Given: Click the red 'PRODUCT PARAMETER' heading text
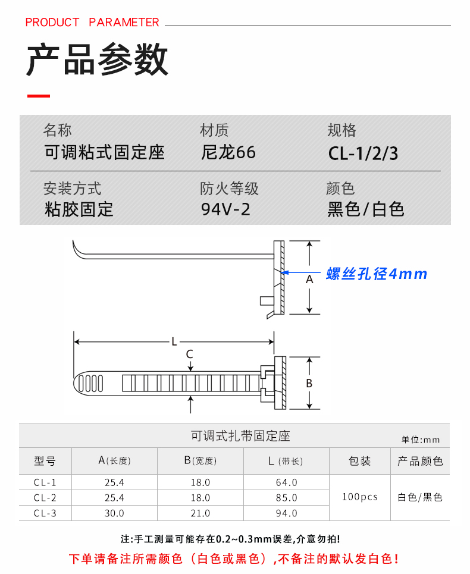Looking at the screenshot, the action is point(92,23).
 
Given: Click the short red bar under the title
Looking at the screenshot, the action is point(39,96).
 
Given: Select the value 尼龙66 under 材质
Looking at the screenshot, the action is point(228,152).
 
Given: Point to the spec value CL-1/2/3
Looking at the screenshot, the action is point(363,154).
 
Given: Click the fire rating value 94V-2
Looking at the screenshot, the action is point(225,209).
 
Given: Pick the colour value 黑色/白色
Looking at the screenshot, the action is point(366,209).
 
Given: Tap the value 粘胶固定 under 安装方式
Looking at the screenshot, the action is point(79,209).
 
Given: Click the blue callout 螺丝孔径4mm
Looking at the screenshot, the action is point(377,274).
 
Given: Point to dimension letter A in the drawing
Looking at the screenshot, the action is point(309,278).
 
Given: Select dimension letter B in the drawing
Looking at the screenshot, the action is point(309,384).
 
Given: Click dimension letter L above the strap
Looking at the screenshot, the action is point(174,341).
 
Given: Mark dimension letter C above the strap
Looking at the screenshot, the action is point(189,355).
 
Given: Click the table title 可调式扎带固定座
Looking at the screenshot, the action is point(240,436).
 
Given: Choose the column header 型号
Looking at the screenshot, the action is point(45,461).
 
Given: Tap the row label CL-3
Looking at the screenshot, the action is point(45,513).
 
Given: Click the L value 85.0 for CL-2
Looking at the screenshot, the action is point(287,497).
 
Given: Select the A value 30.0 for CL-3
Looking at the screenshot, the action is point(114,513).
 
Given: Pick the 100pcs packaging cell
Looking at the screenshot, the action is point(360,497).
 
